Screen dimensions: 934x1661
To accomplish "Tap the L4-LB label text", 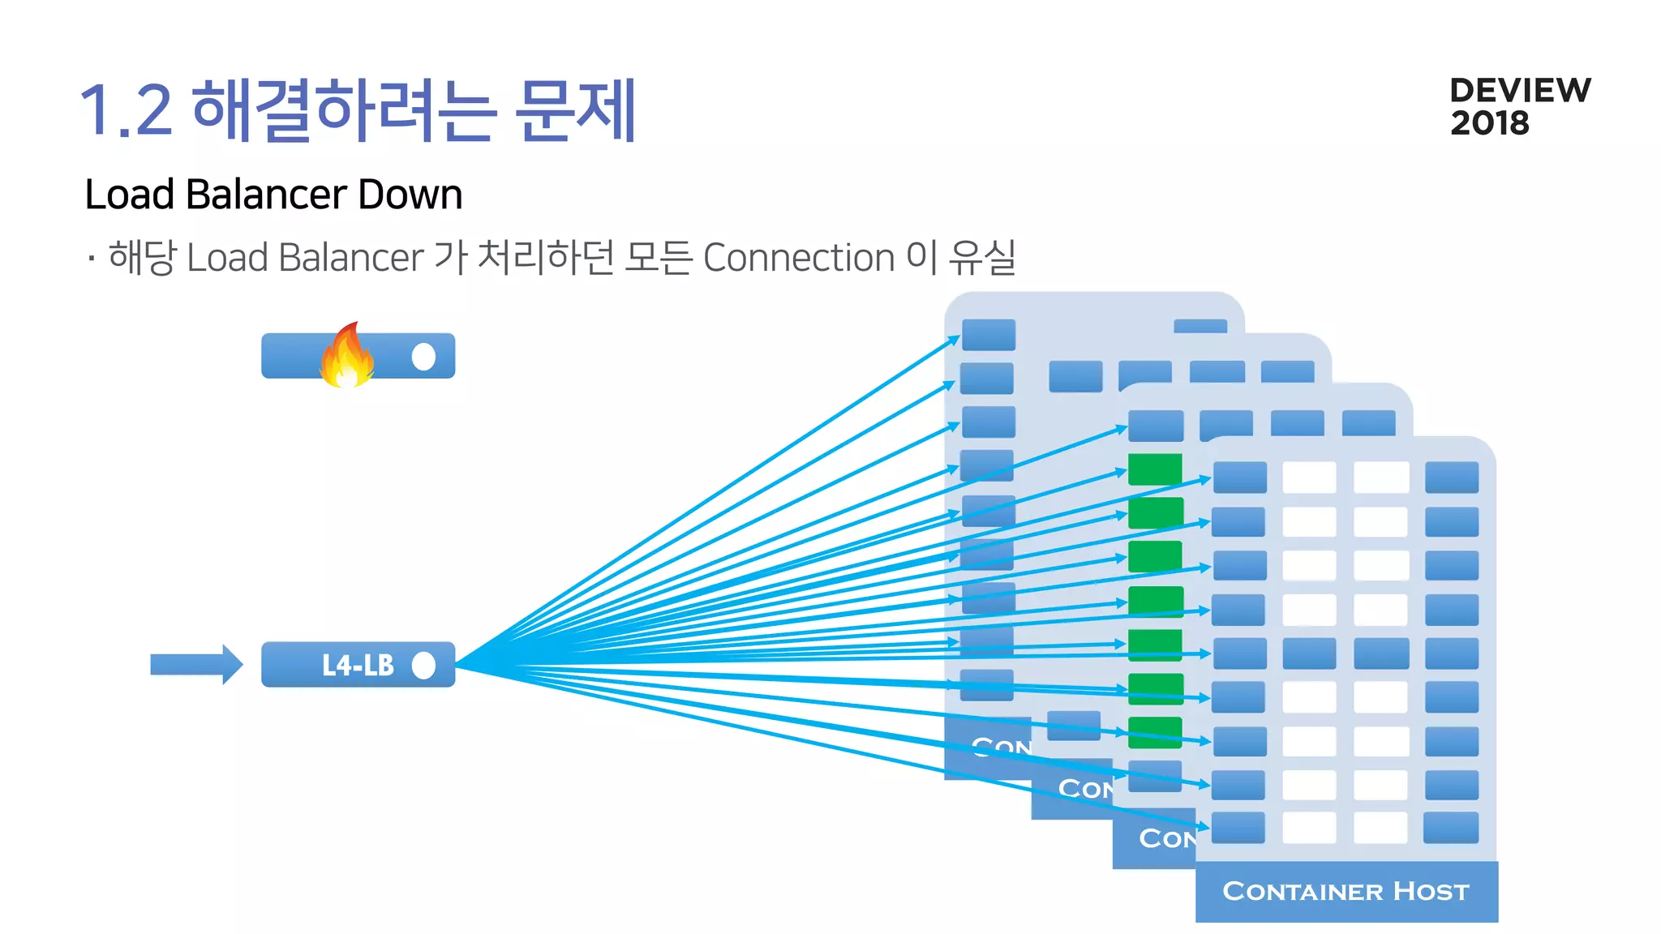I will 358,666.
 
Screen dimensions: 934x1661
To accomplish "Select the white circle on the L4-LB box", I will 423,666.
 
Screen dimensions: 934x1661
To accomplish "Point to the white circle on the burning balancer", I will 423,356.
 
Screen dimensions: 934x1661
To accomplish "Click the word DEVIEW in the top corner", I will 1520,90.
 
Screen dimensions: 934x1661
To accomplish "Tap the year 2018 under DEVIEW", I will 1489,123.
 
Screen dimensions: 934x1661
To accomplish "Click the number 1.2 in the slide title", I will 126,111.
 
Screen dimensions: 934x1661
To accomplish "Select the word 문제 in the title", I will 576,111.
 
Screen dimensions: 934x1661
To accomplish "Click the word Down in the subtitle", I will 410,195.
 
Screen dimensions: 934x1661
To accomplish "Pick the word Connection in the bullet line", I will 798,258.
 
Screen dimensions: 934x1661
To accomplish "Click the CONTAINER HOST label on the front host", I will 1346,891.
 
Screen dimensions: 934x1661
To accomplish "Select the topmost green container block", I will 1155,469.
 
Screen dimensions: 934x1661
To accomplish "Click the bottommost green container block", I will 1155,732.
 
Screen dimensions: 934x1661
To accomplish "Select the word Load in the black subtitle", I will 130,195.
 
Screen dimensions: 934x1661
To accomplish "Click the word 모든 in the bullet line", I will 658,258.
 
